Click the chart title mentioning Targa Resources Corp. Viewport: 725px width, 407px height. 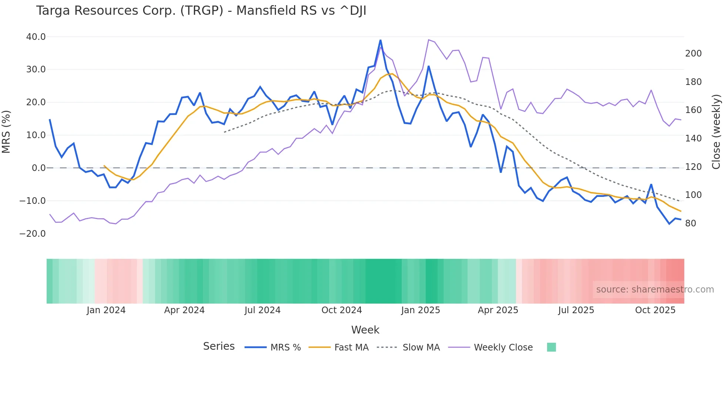tap(201, 11)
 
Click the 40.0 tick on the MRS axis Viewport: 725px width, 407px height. tap(36, 37)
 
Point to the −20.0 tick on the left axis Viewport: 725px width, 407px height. tap(33, 234)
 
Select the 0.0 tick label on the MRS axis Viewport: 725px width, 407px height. tap(38, 168)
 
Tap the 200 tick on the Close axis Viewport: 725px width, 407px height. tap(693, 54)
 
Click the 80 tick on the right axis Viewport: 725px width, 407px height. tap(691, 223)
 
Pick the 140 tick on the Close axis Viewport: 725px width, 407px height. tap(693, 138)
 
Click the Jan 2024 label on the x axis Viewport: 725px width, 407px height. tap(106, 310)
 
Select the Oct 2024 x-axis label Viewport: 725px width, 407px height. tap(341, 310)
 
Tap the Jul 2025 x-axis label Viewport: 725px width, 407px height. tap(576, 310)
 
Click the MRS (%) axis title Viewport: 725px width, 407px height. tap(6, 132)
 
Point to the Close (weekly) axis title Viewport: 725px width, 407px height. tap(716, 132)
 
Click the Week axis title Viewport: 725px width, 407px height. tap(365, 330)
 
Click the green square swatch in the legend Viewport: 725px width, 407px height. tap(551, 347)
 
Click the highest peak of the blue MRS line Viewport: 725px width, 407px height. tap(380, 40)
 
